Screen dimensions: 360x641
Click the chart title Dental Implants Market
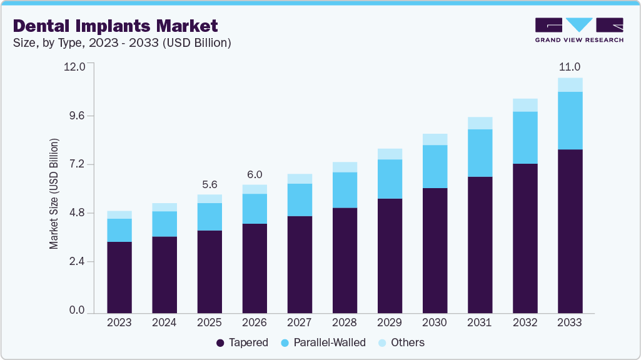click(x=115, y=26)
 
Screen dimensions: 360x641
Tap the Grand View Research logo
click(x=579, y=29)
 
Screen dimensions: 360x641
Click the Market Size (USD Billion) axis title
click(x=54, y=194)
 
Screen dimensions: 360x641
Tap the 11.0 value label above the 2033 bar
click(x=570, y=67)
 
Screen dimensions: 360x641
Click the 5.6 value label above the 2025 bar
click(x=209, y=184)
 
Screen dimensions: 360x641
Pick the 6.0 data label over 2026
click(x=255, y=174)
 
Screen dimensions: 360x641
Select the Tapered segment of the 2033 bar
click(x=570, y=231)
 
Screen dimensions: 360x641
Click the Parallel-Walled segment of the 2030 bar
click(x=435, y=166)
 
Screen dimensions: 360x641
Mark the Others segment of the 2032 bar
click(x=525, y=105)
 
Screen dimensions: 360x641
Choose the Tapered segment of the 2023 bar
click(x=119, y=277)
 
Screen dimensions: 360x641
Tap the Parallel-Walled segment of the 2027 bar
click(x=300, y=200)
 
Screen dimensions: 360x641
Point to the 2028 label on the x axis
click(x=345, y=323)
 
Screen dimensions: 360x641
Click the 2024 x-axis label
click(x=164, y=323)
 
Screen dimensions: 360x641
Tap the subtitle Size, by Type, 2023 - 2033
click(x=122, y=43)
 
